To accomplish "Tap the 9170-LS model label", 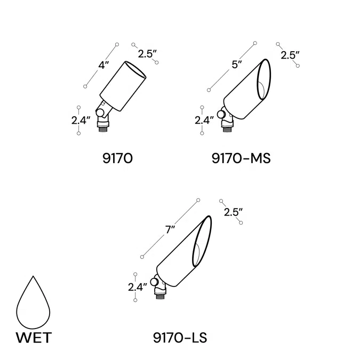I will tap(179, 337).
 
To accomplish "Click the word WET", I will tap(34, 338).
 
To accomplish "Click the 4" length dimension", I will tap(103, 66).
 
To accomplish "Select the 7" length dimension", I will tap(170, 230).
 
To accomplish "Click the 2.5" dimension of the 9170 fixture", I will tap(147, 53).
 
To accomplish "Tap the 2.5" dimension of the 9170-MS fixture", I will tap(290, 55).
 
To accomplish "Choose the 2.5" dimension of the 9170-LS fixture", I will tap(233, 212).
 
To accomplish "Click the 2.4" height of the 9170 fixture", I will tap(82, 120).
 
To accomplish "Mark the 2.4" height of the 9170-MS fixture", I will tap(205, 120).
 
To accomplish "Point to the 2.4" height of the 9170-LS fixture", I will tap(138, 287).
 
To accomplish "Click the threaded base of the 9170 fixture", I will tap(102, 127).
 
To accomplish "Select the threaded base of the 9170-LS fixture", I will tap(159, 294).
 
